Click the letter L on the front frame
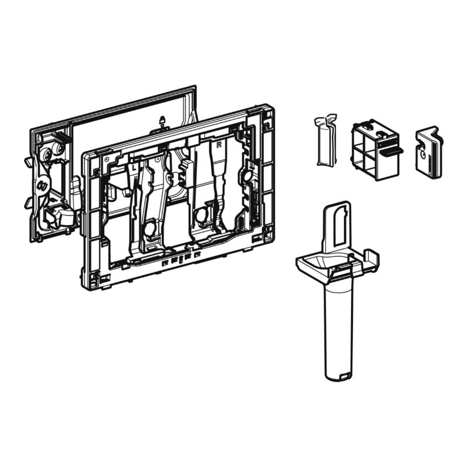coord(134,168)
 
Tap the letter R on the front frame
coord(219,145)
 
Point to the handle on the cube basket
coord(391,152)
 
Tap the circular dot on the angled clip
coord(423,155)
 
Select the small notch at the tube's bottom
coord(345,375)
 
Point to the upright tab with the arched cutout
coord(337,227)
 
